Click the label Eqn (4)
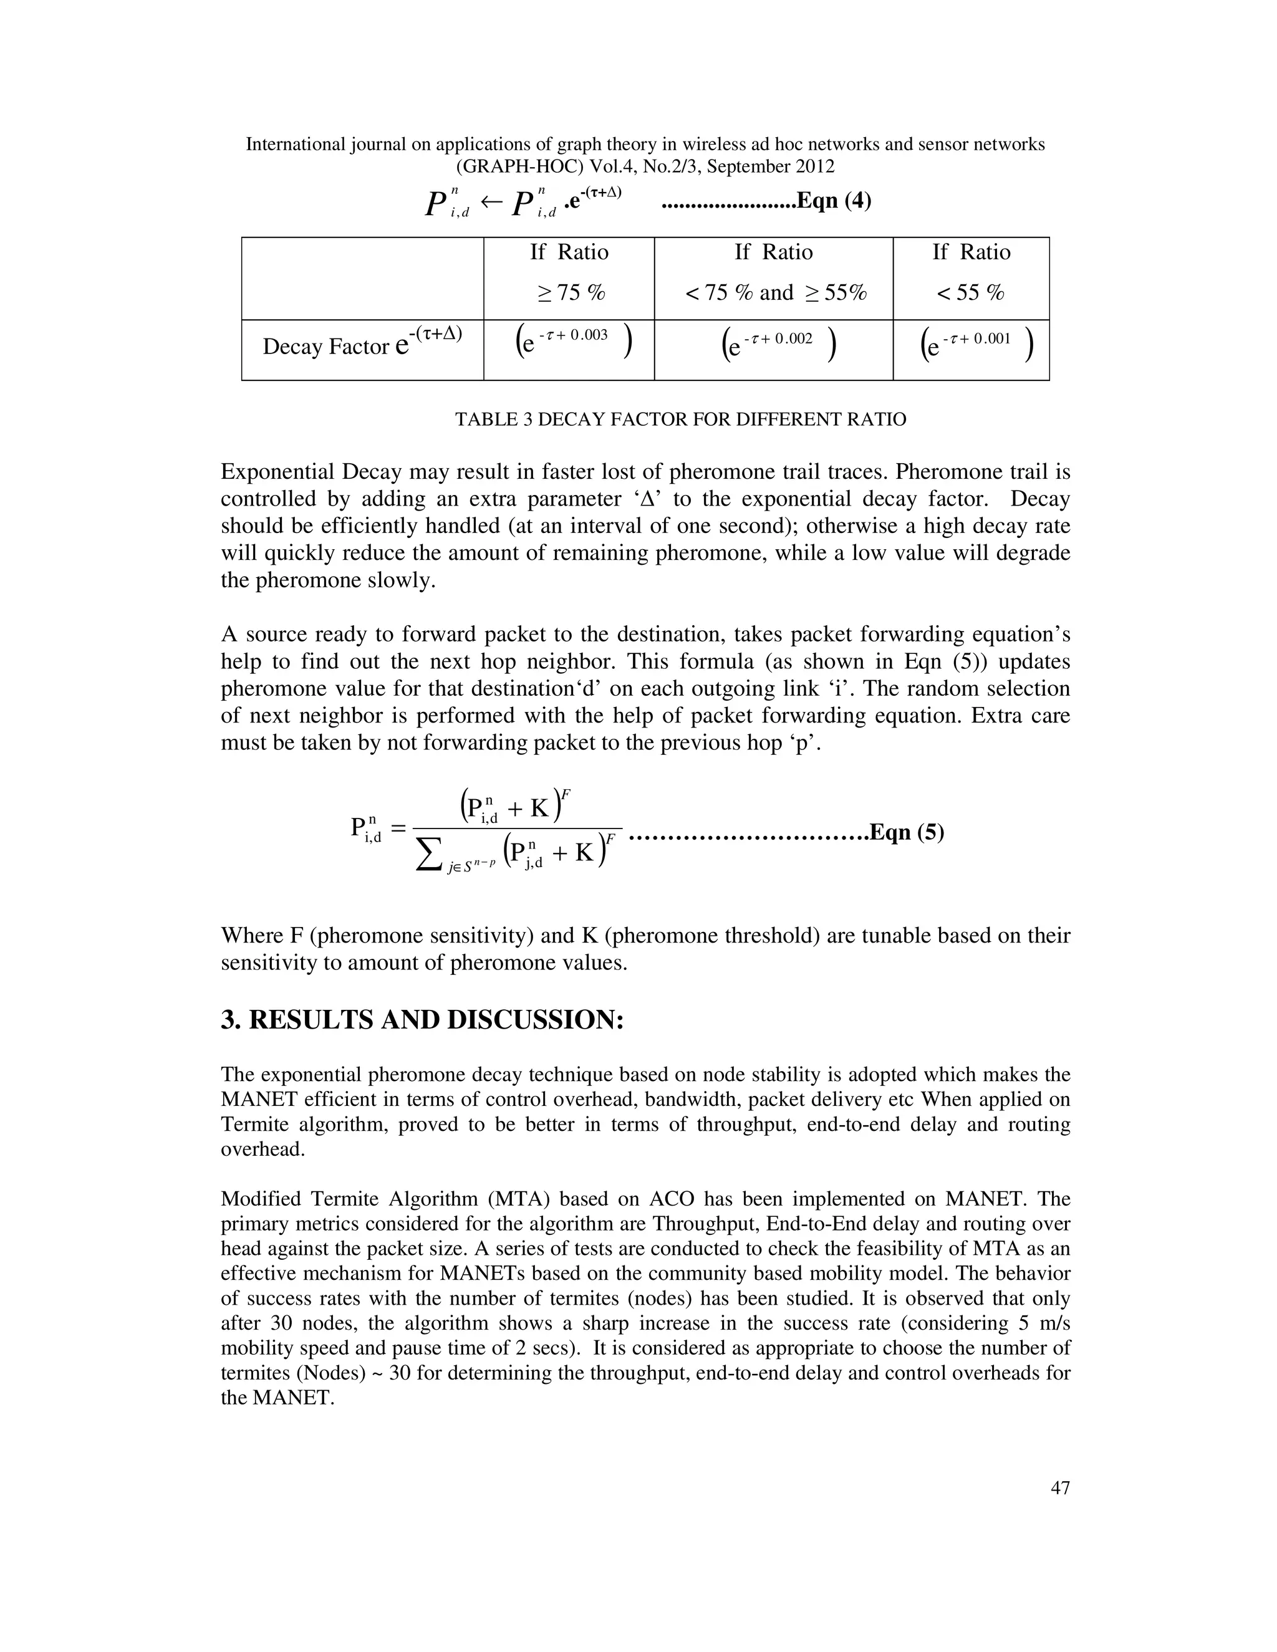tap(834, 201)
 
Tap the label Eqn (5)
tap(906, 832)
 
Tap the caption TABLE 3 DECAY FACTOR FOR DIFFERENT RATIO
tap(680, 419)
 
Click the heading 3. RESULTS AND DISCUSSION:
tap(422, 1020)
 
